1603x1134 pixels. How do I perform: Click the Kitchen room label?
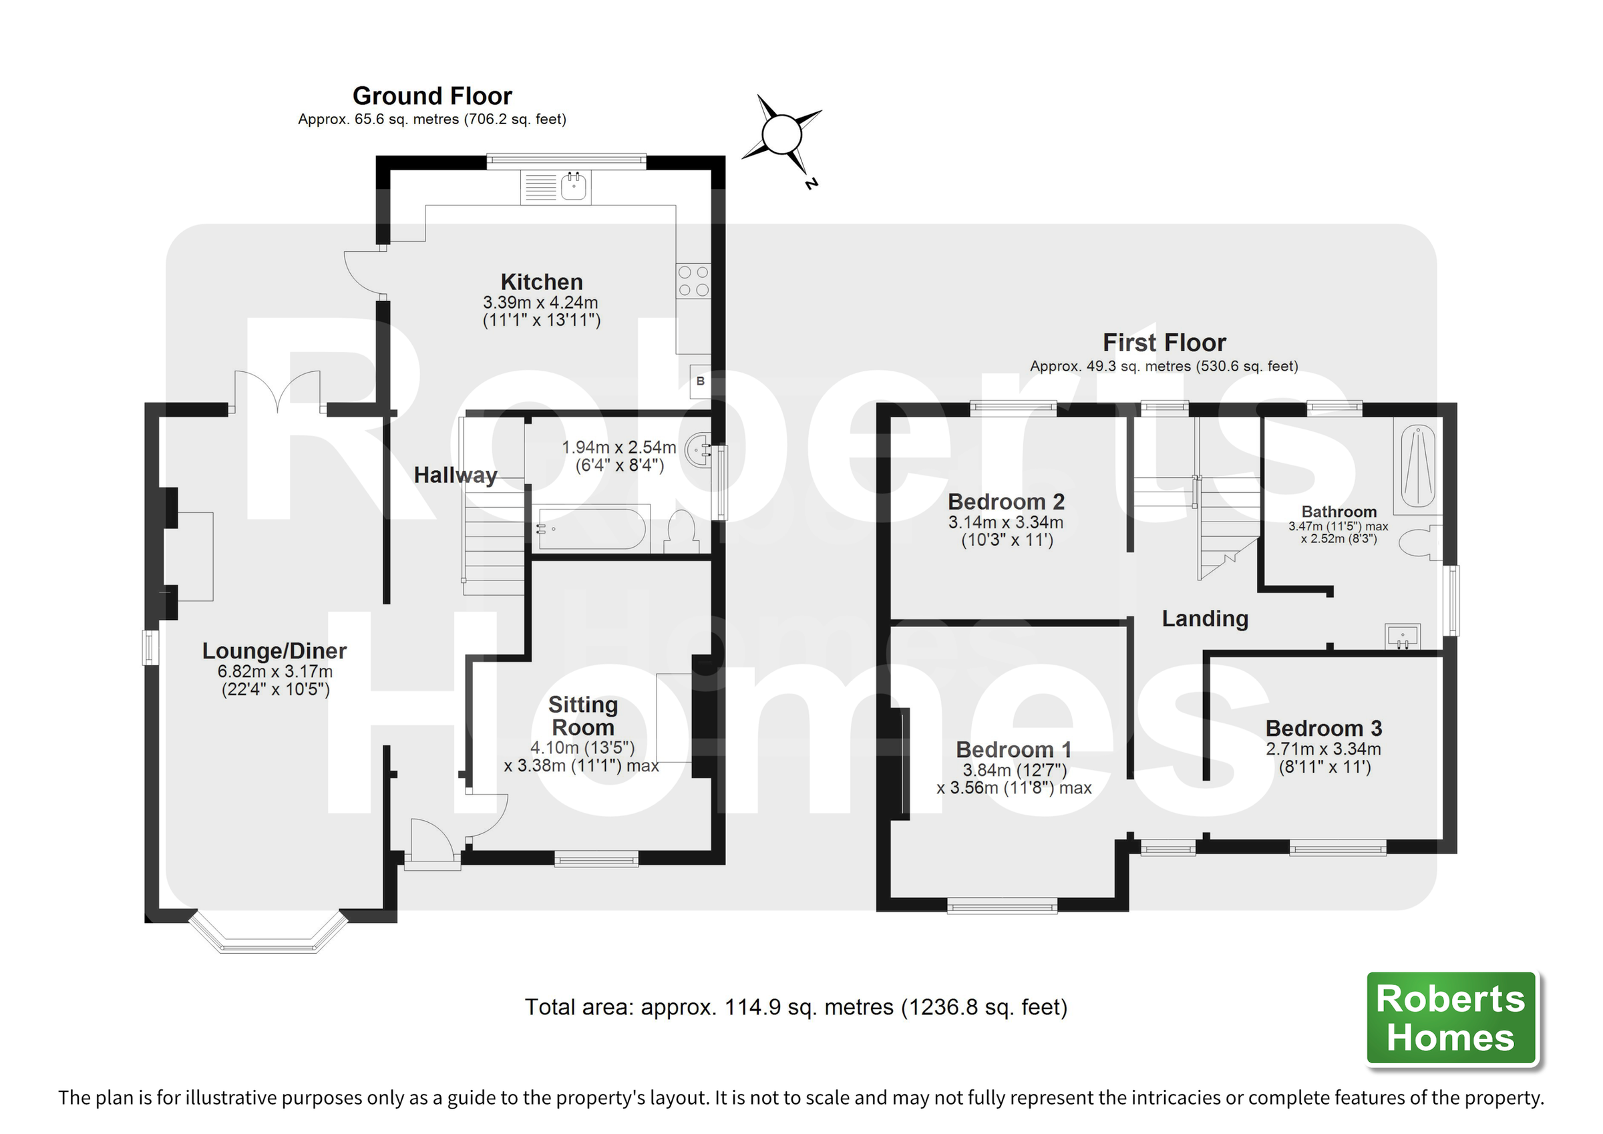tap(541, 282)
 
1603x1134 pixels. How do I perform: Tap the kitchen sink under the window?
tap(574, 186)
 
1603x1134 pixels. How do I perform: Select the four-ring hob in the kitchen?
tap(693, 280)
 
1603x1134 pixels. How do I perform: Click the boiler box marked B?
tap(700, 381)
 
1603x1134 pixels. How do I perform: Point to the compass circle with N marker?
tap(781, 135)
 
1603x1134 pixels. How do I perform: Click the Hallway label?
tap(456, 476)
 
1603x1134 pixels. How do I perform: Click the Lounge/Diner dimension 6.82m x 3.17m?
tap(275, 672)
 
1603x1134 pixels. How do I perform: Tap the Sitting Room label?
tap(583, 716)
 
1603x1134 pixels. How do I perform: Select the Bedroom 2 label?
tap(1005, 502)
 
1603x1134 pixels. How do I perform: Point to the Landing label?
tap(1204, 618)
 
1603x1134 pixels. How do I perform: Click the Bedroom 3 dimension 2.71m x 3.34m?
tap(1323, 749)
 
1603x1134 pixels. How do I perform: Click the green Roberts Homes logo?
tap(1451, 1018)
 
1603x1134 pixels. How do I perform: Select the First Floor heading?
tap(1164, 343)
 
